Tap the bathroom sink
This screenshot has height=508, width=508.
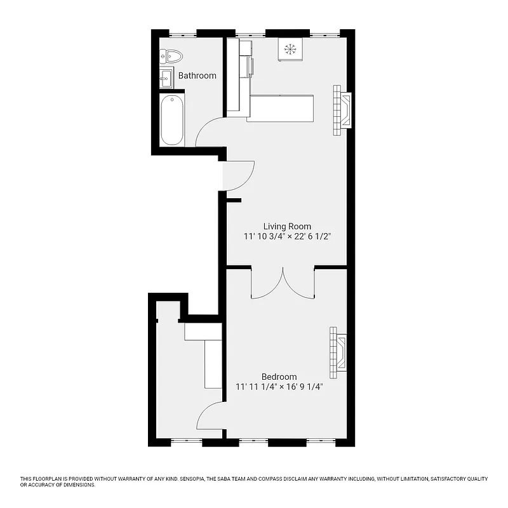pos(166,79)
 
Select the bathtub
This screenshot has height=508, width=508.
pos(171,120)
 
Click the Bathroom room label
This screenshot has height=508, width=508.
pos(197,76)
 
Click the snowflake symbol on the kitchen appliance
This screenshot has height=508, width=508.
pos(291,50)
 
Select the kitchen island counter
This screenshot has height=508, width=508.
pos(280,108)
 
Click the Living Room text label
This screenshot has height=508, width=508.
pos(288,226)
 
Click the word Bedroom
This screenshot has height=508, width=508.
pos(279,377)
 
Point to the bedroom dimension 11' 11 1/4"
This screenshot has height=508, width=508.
pos(257,387)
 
